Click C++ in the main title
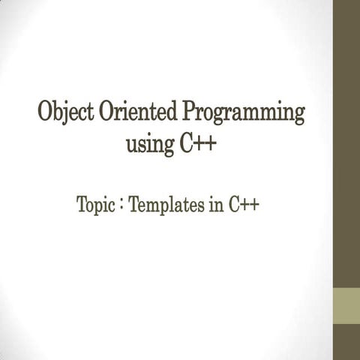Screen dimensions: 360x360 click(x=199, y=143)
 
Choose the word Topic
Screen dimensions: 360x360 click(x=95, y=205)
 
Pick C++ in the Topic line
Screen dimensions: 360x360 click(x=242, y=204)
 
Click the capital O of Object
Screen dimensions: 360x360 click(x=46, y=114)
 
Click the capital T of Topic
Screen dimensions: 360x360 click(x=82, y=204)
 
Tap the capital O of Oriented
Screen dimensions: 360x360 click(x=103, y=114)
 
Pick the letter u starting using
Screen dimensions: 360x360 click(x=132, y=145)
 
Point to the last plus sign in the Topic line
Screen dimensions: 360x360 click(x=254, y=205)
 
